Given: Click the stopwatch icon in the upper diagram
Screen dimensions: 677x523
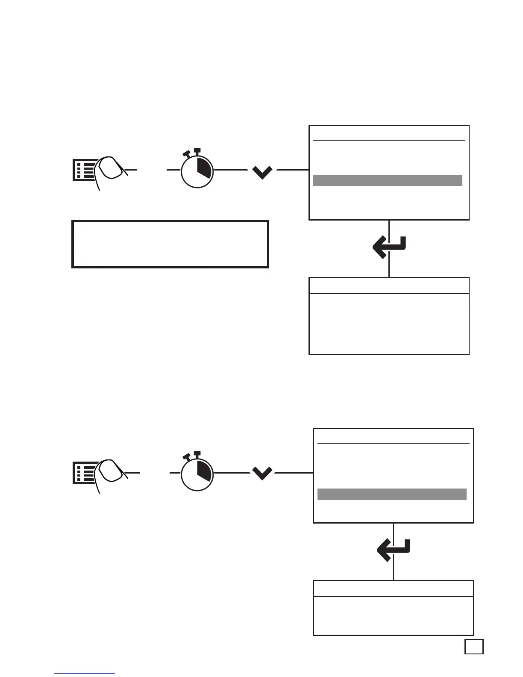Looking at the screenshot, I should tap(197, 170).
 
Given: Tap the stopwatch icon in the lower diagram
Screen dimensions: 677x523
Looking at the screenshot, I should tap(197, 473).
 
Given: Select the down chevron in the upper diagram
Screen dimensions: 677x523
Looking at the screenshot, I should tap(262, 172).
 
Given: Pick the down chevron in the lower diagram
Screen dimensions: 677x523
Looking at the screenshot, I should tap(262, 474).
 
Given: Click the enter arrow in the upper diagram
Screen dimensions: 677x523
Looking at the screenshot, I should tap(390, 247).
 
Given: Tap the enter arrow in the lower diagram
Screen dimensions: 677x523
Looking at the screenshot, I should tap(394, 550).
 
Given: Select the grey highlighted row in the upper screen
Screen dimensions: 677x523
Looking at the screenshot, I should tap(387, 180).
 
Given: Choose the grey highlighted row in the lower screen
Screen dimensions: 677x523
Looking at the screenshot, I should tap(391, 494).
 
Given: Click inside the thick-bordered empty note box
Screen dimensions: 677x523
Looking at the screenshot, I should tap(170, 244).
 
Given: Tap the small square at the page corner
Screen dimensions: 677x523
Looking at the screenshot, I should tap(474, 646).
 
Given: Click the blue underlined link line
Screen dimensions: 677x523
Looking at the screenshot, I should tap(85, 673).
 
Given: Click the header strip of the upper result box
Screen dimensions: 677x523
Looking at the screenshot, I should tap(389, 286).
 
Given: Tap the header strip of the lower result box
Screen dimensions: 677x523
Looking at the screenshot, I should tap(393, 588).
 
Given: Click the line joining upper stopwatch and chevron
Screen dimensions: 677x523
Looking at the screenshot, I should tap(231, 170).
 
